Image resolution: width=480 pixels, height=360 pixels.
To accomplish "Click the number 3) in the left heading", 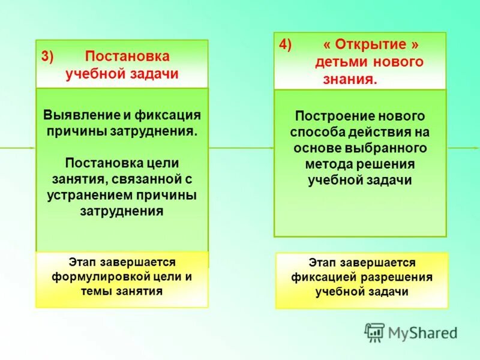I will point(47,57).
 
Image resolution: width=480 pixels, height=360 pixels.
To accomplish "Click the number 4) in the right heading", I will point(286,46).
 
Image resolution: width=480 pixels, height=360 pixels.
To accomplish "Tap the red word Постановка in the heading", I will point(127,56).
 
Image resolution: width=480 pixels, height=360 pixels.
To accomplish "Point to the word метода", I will point(327,164).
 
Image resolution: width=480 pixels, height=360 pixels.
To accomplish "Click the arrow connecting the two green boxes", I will point(241,148).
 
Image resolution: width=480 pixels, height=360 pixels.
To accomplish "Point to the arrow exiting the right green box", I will point(463,148).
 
